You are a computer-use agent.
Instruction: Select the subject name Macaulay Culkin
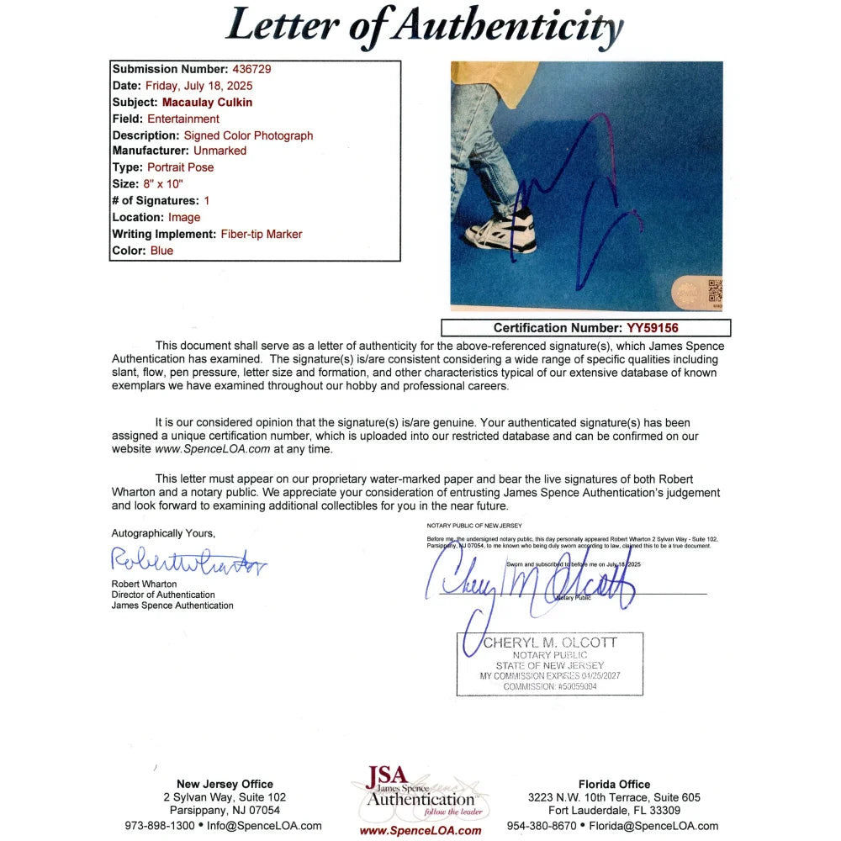coord(207,102)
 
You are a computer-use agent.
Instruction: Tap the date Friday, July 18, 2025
coord(198,85)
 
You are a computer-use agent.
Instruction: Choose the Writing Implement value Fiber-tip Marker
coord(262,234)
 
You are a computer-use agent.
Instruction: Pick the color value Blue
coord(161,251)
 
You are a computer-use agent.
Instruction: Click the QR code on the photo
coord(714,290)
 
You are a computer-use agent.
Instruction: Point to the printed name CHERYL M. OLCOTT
coord(550,643)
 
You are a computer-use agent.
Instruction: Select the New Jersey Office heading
coord(225,784)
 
